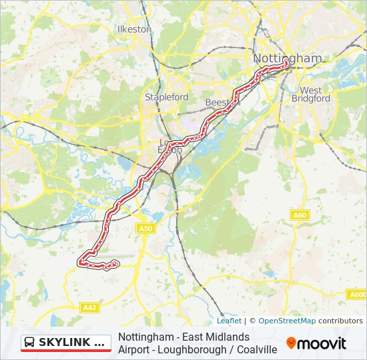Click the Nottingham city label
287,58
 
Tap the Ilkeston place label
135,29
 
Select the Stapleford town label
167,97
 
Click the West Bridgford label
311,94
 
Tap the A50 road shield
145,229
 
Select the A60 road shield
300,215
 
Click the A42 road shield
89,307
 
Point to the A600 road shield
358,294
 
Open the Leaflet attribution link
229,321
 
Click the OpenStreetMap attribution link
287,321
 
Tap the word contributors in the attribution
340,321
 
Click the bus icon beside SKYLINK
29,343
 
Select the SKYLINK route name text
71,343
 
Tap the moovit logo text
322,343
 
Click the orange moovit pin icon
291,343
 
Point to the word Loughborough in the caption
186,349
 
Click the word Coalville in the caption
254,349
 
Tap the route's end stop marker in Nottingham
286,64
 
